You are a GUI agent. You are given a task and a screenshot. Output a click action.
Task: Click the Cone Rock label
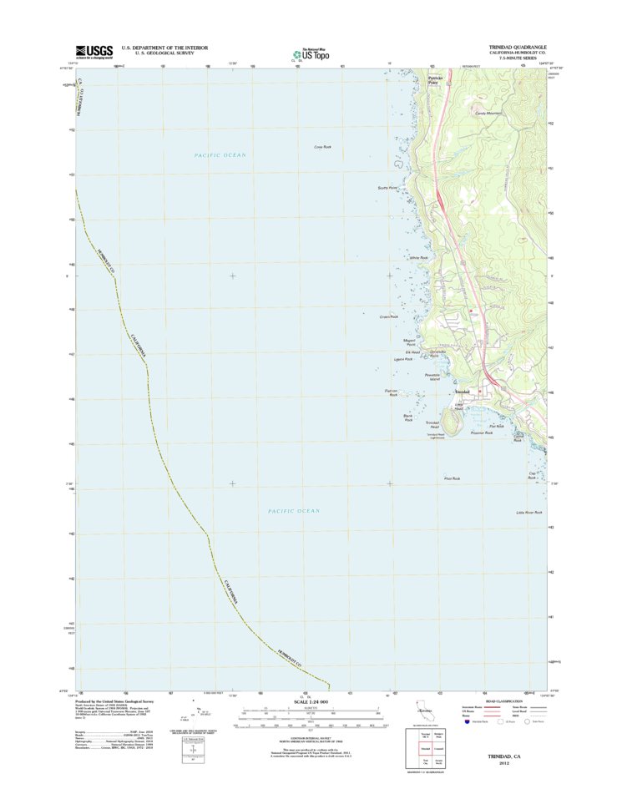pyautogui.click(x=323, y=147)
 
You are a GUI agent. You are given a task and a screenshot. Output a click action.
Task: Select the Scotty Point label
pyautogui.click(x=388, y=188)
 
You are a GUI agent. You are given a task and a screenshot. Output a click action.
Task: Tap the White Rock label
pyautogui.click(x=418, y=258)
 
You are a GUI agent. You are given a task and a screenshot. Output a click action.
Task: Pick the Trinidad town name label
pyautogui.click(x=463, y=392)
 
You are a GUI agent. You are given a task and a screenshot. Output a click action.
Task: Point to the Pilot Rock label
pyautogui.click(x=452, y=478)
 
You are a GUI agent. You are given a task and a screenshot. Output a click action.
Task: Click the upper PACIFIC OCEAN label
pyautogui.click(x=220, y=155)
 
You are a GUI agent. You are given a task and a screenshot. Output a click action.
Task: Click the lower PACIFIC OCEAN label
pyautogui.click(x=294, y=510)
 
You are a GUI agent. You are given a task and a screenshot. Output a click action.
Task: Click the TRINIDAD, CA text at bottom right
pyautogui.click(x=506, y=755)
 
